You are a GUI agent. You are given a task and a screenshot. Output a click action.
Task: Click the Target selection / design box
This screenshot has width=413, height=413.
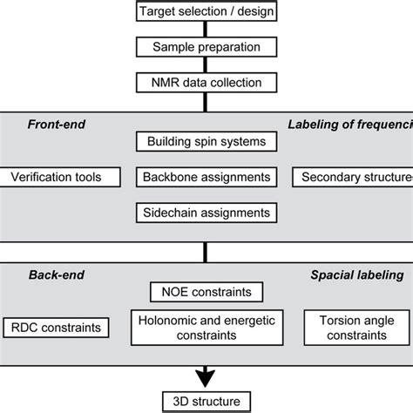tap(206, 11)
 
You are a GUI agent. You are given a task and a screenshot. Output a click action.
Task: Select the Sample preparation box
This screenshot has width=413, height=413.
tap(206, 47)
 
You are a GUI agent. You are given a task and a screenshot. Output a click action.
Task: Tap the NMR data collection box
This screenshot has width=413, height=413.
tap(206, 84)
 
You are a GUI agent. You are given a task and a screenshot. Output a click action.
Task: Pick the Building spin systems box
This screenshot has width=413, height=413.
tap(206, 140)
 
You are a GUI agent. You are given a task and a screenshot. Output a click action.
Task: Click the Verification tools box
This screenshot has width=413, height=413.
tap(56, 177)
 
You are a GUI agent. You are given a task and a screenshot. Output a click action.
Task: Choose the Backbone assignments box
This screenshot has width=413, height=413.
tap(206, 177)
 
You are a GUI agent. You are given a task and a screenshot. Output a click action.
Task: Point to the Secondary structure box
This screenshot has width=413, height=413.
tap(353, 177)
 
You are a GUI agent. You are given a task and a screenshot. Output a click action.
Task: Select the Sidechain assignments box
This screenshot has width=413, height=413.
tap(206, 212)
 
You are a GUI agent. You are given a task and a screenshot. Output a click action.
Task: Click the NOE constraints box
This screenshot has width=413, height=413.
tap(206, 291)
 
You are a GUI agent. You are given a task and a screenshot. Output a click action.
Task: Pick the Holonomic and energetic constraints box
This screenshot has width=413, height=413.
tap(206, 328)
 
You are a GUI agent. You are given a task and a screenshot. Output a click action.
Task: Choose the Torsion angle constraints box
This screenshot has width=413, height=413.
tap(355, 328)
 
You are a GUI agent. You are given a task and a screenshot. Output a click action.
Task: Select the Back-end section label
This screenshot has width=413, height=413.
tap(50, 274)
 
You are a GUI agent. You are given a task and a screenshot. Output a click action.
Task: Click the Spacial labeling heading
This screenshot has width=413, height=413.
tap(357, 274)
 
